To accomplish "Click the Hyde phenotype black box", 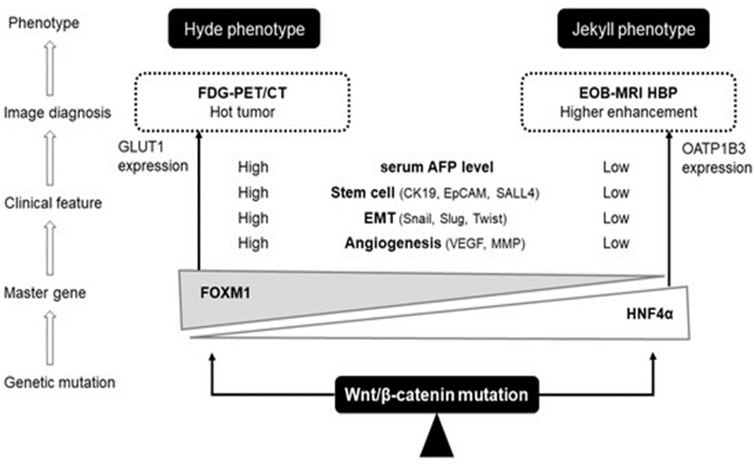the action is click(244, 29).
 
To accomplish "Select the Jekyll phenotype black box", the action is click(633, 29).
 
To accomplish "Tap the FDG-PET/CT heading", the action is click(243, 93).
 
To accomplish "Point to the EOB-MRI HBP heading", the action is click(628, 93).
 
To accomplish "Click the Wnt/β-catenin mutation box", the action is click(437, 395).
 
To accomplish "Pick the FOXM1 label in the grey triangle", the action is click(225, 293).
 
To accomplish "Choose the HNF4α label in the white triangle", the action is click(650, 315).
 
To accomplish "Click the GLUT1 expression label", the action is click(153, 156).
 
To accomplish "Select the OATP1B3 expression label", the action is click(716, 158).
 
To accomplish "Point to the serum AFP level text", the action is click(437, 167).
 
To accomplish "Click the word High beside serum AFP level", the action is click(253, 167).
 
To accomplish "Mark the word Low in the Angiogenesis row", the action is click(616, 243).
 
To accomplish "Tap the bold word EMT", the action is click(380, 218).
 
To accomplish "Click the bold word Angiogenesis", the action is click(393, 243).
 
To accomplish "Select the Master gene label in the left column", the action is click(45, 293).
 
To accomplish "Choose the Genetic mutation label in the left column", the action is click(60, 382).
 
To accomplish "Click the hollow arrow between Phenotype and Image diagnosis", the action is click(50, 69).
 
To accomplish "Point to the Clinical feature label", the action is click(53, 203).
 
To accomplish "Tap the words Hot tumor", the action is click(243, 112).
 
